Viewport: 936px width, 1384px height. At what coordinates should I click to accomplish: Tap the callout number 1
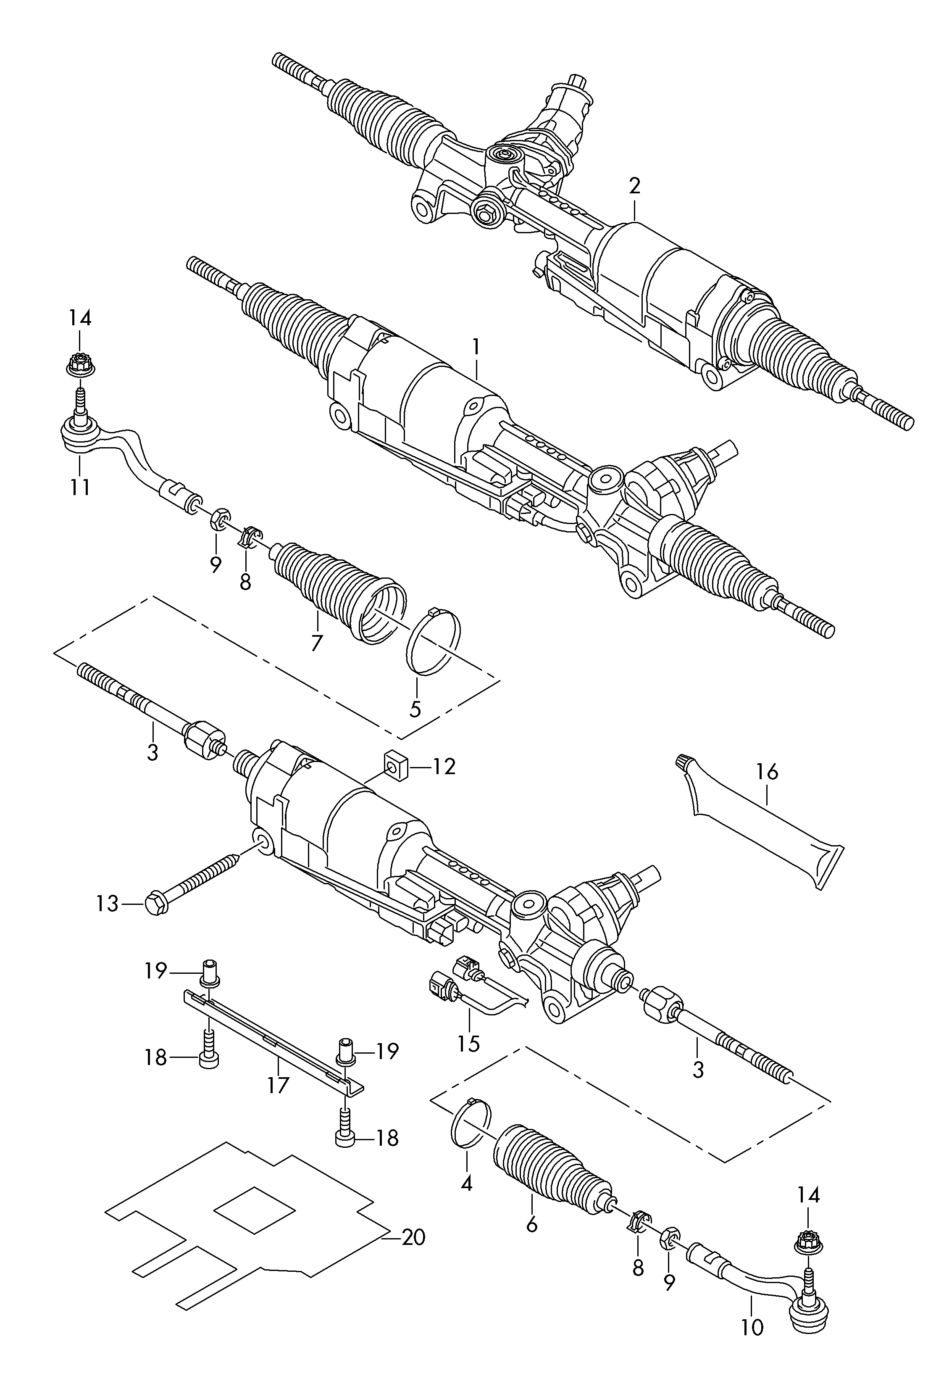(x=476, y=347)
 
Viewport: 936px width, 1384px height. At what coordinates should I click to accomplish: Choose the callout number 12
(x=444, y=767)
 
